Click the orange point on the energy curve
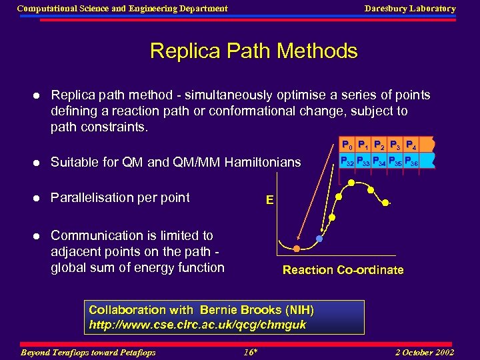pyautogui.click(x=295, y=248)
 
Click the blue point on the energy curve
pyautogui.click(x=319, y=239)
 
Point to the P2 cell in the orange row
pyautogui.click(x=380, y=145)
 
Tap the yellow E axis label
pyautogui.click(x=269, y=199)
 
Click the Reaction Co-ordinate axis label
pyautogui.click(x=343, y=270)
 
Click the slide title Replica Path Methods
pyautogui.click(x=253, y=51)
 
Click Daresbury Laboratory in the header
pyautogui.click(x=409, y=9)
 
